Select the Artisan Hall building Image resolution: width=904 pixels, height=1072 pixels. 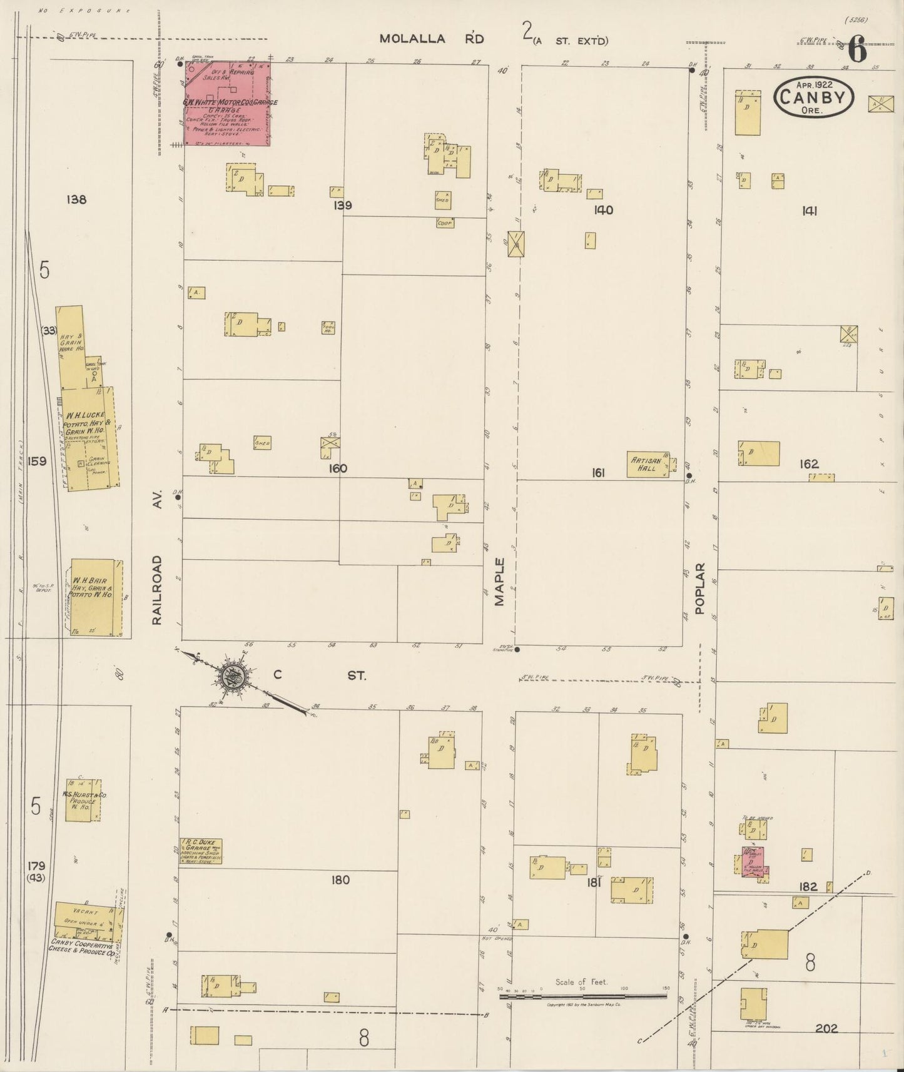[648, 465]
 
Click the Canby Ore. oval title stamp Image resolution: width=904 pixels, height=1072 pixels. [814, 98]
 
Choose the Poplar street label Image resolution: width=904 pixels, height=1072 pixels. [699, 588]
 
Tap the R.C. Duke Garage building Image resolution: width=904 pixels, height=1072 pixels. [200, 851]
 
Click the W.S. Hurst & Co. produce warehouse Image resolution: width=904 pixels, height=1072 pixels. [83, 800]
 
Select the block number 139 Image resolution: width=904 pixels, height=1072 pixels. [342, 205]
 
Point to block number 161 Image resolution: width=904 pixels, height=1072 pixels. [598, 473]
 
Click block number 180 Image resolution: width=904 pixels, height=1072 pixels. [340, 880]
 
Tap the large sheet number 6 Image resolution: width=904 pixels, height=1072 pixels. [858, 50]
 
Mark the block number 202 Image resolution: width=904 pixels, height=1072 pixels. [826, 1028]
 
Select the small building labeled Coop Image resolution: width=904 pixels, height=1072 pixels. [445, 223]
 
